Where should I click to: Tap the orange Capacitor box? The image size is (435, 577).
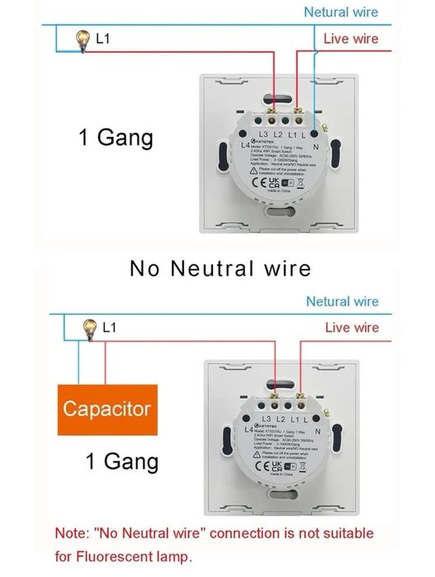(x=106, y=409)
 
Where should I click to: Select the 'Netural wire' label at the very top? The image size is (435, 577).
(x=341, y=12)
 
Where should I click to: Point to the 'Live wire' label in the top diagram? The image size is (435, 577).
(x=351, y=39)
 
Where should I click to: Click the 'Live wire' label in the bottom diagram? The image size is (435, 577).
(x=352, y=328)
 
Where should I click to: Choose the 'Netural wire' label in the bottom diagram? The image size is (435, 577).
(x=343, y=302)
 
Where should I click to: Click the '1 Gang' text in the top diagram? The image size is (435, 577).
(x=116, y=137)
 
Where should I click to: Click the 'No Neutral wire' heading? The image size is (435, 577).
(x=220, y=268)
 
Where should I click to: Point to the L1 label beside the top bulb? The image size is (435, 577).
(x=104, y=39)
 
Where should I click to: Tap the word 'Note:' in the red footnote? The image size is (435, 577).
(x=74, y=534)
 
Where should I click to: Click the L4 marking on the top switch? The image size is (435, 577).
(x=245, y=145)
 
